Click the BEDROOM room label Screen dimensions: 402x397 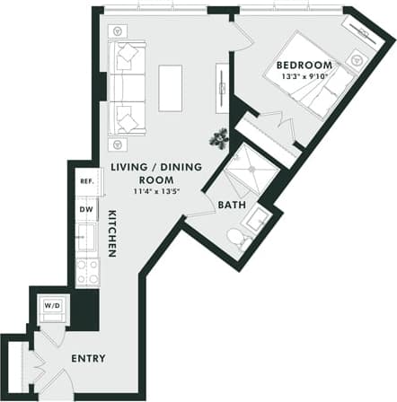[x=304, y=66]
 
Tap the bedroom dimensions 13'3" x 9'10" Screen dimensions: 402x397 [x=304, y=76]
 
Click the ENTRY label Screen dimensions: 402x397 [x=90, y=359]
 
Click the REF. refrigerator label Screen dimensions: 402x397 [x=87, y=181]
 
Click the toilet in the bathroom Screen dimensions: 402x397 [x=235, y=239]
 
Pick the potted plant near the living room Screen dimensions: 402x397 [x=218, y=137]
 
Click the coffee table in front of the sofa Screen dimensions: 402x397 [x=170, y=87]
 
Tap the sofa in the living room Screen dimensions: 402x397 [x=128, y=87]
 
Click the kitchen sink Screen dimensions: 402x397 [x=87, y=239]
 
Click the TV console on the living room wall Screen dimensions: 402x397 [x=221, y=87]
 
